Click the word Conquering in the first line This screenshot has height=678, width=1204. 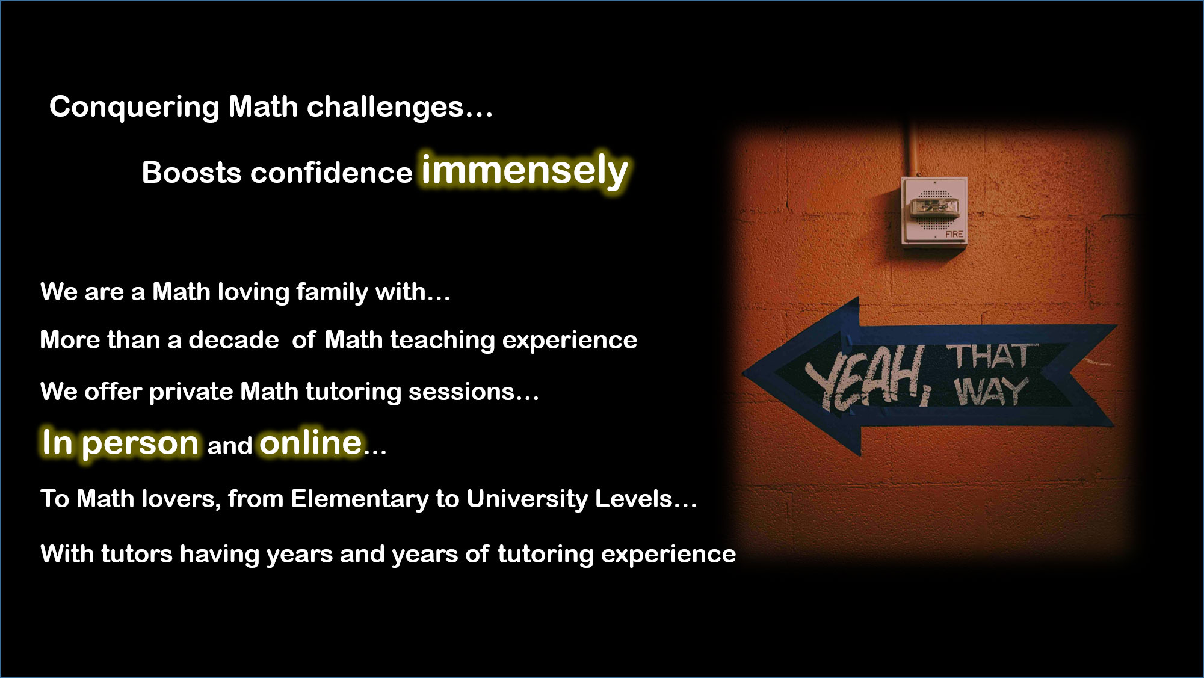[x=134, y=108]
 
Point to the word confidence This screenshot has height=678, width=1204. [x=332, y=173]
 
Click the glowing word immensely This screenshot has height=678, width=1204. [x=525, y=171]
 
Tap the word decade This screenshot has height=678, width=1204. [x=233, y=341]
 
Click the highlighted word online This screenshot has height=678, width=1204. [x=310, y=443]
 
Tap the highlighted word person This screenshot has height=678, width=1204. [x=140, y=445]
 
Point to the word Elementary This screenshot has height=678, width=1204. [x=359, y=499]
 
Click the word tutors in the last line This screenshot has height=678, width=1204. [x=137, y=554]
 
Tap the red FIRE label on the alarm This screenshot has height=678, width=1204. [x=954, y=234]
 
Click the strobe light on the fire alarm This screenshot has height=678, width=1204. [x=932, y=208]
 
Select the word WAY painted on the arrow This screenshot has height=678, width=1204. [x=990, y=392]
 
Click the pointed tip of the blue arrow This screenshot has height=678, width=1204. [x=744, y=374]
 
